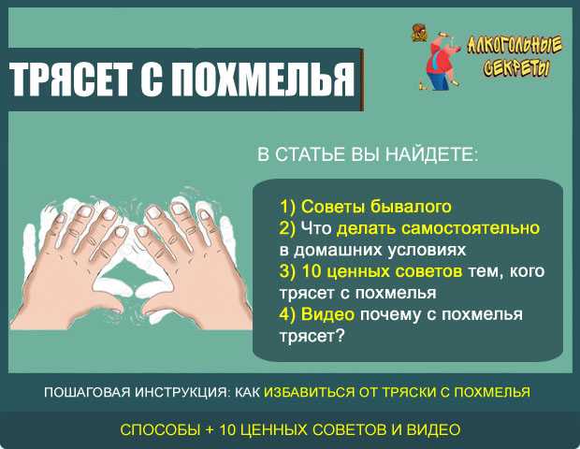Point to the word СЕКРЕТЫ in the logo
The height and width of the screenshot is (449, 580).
coord(516,67)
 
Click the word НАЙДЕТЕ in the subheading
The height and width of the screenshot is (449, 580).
coord(431,153)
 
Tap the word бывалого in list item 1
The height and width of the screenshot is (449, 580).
coord(411,207)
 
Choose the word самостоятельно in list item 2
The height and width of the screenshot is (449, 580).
coord(471,228)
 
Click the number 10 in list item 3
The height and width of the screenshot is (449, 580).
coord(312,271)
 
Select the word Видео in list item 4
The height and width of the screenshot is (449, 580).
coord(327,314)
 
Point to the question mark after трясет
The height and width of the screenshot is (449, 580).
coord(340,336)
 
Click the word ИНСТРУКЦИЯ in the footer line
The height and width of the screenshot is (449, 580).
coord(181,392)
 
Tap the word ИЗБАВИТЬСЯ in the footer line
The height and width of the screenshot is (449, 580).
coord(310,392)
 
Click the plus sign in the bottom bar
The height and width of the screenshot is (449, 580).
coord(210,430)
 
